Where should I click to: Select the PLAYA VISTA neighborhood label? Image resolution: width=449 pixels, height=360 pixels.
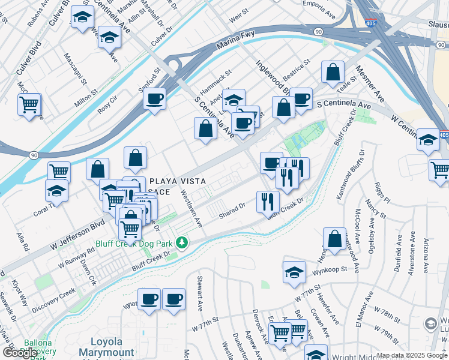click(x=178, y=181)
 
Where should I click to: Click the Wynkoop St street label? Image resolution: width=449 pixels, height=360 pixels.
click(x=330, y=271)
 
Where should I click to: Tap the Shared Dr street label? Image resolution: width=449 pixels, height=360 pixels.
click(x=232, y=210)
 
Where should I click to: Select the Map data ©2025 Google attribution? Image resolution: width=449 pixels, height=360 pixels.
click(x=411, y=355)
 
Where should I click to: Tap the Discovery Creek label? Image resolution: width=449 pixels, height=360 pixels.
click(x=54, y=296)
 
